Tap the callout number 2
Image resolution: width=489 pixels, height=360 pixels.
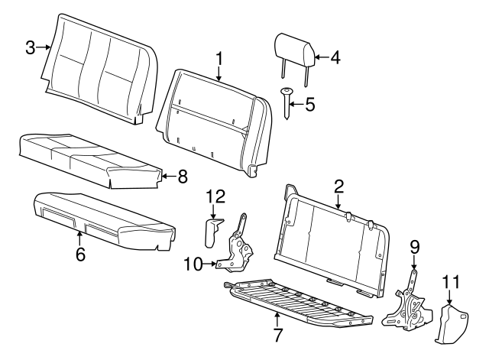(338, 185)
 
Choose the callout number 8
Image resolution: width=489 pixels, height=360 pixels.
(181, 177)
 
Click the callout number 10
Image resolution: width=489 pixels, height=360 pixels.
(191, 264)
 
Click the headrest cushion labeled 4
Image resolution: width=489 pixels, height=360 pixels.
(293, 47)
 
